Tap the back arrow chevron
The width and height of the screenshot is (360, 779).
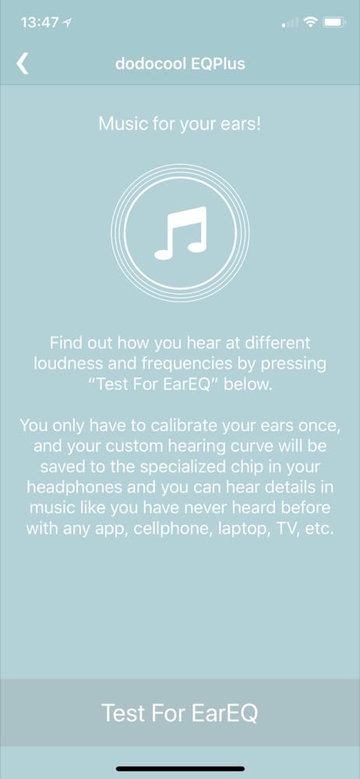23,64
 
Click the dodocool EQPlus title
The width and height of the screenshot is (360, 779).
180,64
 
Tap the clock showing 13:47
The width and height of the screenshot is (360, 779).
39,23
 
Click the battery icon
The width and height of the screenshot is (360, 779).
334,23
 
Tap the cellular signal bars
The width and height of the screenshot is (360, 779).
291,23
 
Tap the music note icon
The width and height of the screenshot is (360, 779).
180,233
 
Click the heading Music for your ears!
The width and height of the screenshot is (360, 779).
179,124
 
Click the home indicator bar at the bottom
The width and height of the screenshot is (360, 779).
180,769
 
